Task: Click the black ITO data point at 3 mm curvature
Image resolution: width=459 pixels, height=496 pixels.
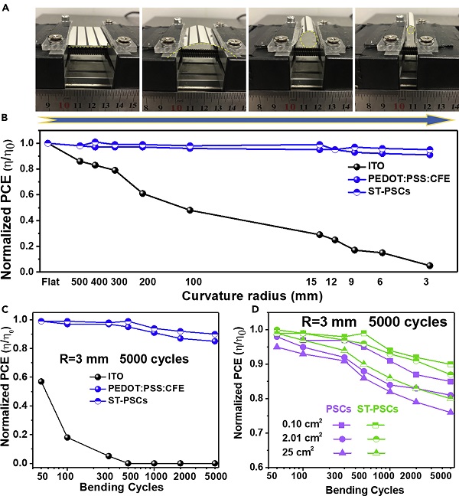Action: (x=430, y=266)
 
